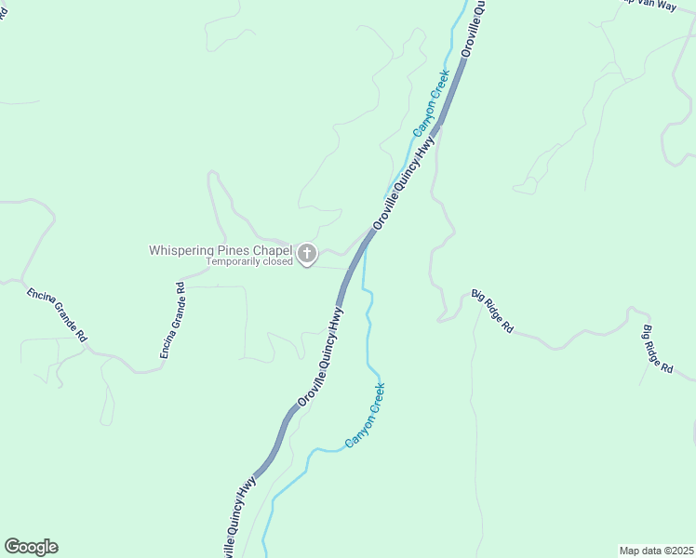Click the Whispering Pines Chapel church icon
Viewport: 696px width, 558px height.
coord(307,253)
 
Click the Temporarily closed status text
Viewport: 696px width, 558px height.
coord(249,262)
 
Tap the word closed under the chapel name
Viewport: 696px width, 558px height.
coord(275,262)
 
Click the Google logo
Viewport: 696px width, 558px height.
coord(31,547)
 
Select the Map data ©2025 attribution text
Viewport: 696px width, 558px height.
coord(656,551)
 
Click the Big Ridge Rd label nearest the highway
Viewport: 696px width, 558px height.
coord(493,310)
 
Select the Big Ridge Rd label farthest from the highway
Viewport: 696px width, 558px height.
coord(658,349)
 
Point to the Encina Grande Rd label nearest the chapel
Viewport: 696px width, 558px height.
coord(174,321)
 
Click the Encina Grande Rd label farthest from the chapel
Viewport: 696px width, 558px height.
coord(56,314)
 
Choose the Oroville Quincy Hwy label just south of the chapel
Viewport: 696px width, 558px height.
coord(320,357)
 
